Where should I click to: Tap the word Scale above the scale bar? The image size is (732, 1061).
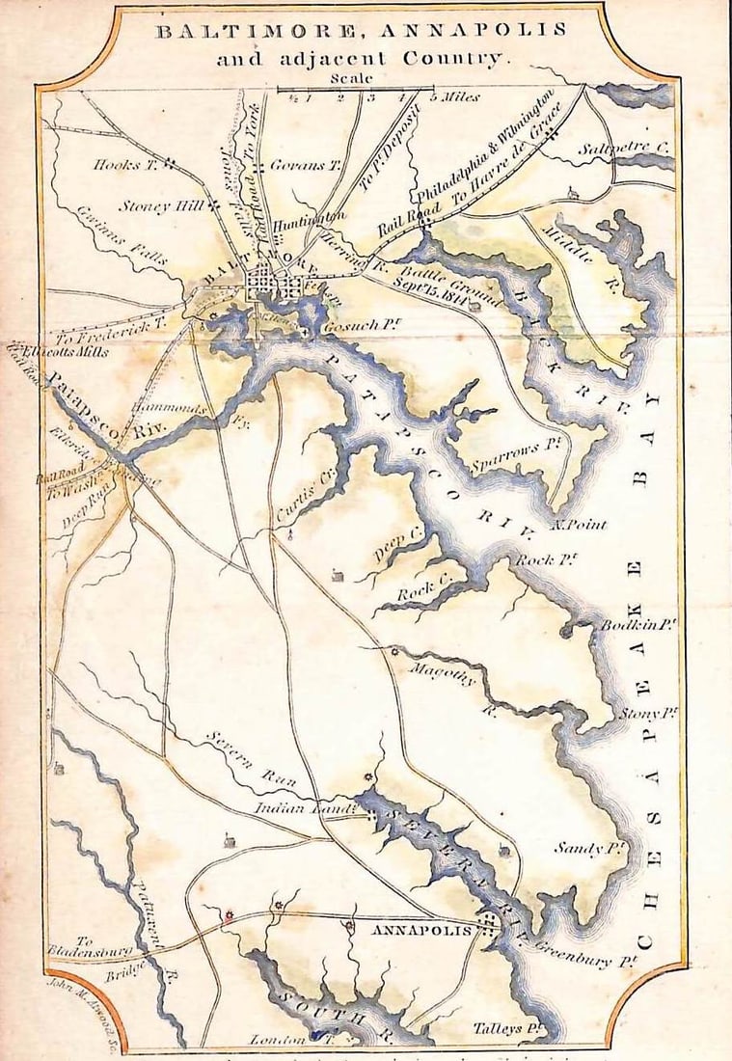pyautogui.click(x=349, y=78)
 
